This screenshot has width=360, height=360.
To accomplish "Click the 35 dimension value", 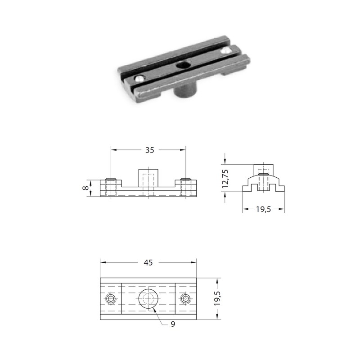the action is point(149,150).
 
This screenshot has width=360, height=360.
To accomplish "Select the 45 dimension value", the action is point(148,262).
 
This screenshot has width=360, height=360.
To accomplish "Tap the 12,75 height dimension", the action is point(225,179).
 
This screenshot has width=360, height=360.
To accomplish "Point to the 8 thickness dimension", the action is point(85,188).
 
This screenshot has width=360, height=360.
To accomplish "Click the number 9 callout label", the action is point(173,324).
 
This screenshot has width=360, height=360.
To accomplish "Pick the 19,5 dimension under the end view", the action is point(263,209).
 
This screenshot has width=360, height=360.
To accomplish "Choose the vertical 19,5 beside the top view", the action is point(217,298).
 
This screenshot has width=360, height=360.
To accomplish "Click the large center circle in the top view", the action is point(148,298).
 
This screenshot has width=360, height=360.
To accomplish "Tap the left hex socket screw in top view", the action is point(111,299).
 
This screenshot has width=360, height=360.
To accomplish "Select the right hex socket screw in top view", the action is point(185,299).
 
